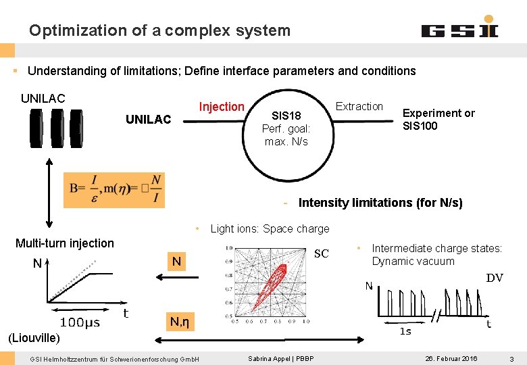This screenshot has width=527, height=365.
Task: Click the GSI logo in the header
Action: pos(459,30)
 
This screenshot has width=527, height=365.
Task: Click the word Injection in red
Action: pos(222,107)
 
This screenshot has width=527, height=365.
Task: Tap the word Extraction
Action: pos(359,106)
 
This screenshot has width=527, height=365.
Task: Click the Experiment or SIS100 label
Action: pos(438,119)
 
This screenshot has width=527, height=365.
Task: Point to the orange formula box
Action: pos(114,190)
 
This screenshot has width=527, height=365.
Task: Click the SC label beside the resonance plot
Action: pos(322,253)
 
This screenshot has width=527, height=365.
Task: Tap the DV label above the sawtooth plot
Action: pos(495,277)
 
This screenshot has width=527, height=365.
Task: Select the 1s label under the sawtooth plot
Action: pos(405,331)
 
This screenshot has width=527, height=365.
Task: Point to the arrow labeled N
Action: pos(176,274)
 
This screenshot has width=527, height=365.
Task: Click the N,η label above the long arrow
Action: pos(179,322)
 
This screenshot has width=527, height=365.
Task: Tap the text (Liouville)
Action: pos(34,337)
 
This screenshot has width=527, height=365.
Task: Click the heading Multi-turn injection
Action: pos(65,243)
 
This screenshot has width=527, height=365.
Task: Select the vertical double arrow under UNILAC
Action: pos(49,193)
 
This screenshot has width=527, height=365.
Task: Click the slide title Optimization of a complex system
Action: pos(159,30)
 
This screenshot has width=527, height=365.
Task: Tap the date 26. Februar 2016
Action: pos(451,358)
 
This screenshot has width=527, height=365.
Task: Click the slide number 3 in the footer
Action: pos(512,358)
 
